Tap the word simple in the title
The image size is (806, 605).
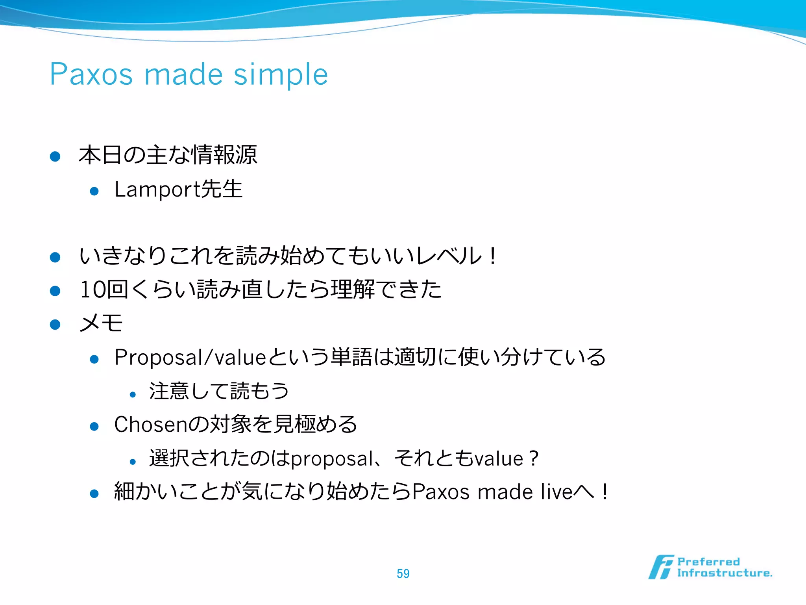click(x=281, y=75)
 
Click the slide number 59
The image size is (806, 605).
click(x=403, y=573)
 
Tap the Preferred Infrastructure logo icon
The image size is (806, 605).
click(x=661, y=567)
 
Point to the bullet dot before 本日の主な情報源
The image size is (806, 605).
click(x=55, y=156)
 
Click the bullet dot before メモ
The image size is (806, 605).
click(x=55, y=324)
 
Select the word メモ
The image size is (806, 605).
click(x=101, y=323)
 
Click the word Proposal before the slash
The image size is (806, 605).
click(x=158, y=358)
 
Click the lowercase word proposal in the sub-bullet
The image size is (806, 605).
click(x=332, y=459)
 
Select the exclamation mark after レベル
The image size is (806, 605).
click(x=493, y=256)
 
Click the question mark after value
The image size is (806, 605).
click(x=534, y=458)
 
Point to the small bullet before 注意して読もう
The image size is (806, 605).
click(x=133, y=394)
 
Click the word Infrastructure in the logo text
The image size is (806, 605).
click(x=724, y=573)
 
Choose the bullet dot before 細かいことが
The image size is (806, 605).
click(x=94, y=494)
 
